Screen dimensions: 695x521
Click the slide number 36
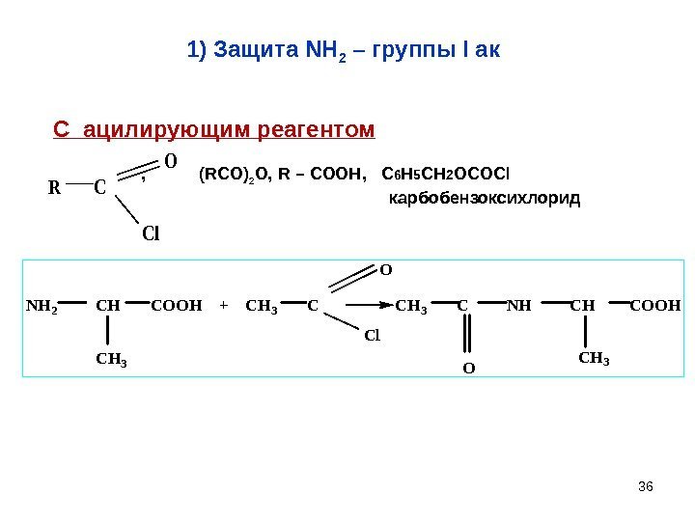[x=647, y=484]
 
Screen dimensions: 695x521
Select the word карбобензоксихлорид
[x=484, y=199]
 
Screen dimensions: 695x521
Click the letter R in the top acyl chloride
[x=55, y=188]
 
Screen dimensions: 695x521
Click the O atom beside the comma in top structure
[x=170, y=160]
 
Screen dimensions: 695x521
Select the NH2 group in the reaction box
[x=42, y=308]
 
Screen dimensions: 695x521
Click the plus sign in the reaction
[x=223, y=308]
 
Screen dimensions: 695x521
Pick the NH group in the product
[x=519, y=308]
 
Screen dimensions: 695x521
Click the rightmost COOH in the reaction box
[x=655, y=308]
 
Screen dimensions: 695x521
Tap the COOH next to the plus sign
[x=177, y=308]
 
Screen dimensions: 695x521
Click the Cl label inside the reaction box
[x=374, y=337]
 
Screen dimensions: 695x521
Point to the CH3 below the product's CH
[x=594, y=360]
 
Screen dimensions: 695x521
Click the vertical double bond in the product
[x=468, y=337]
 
